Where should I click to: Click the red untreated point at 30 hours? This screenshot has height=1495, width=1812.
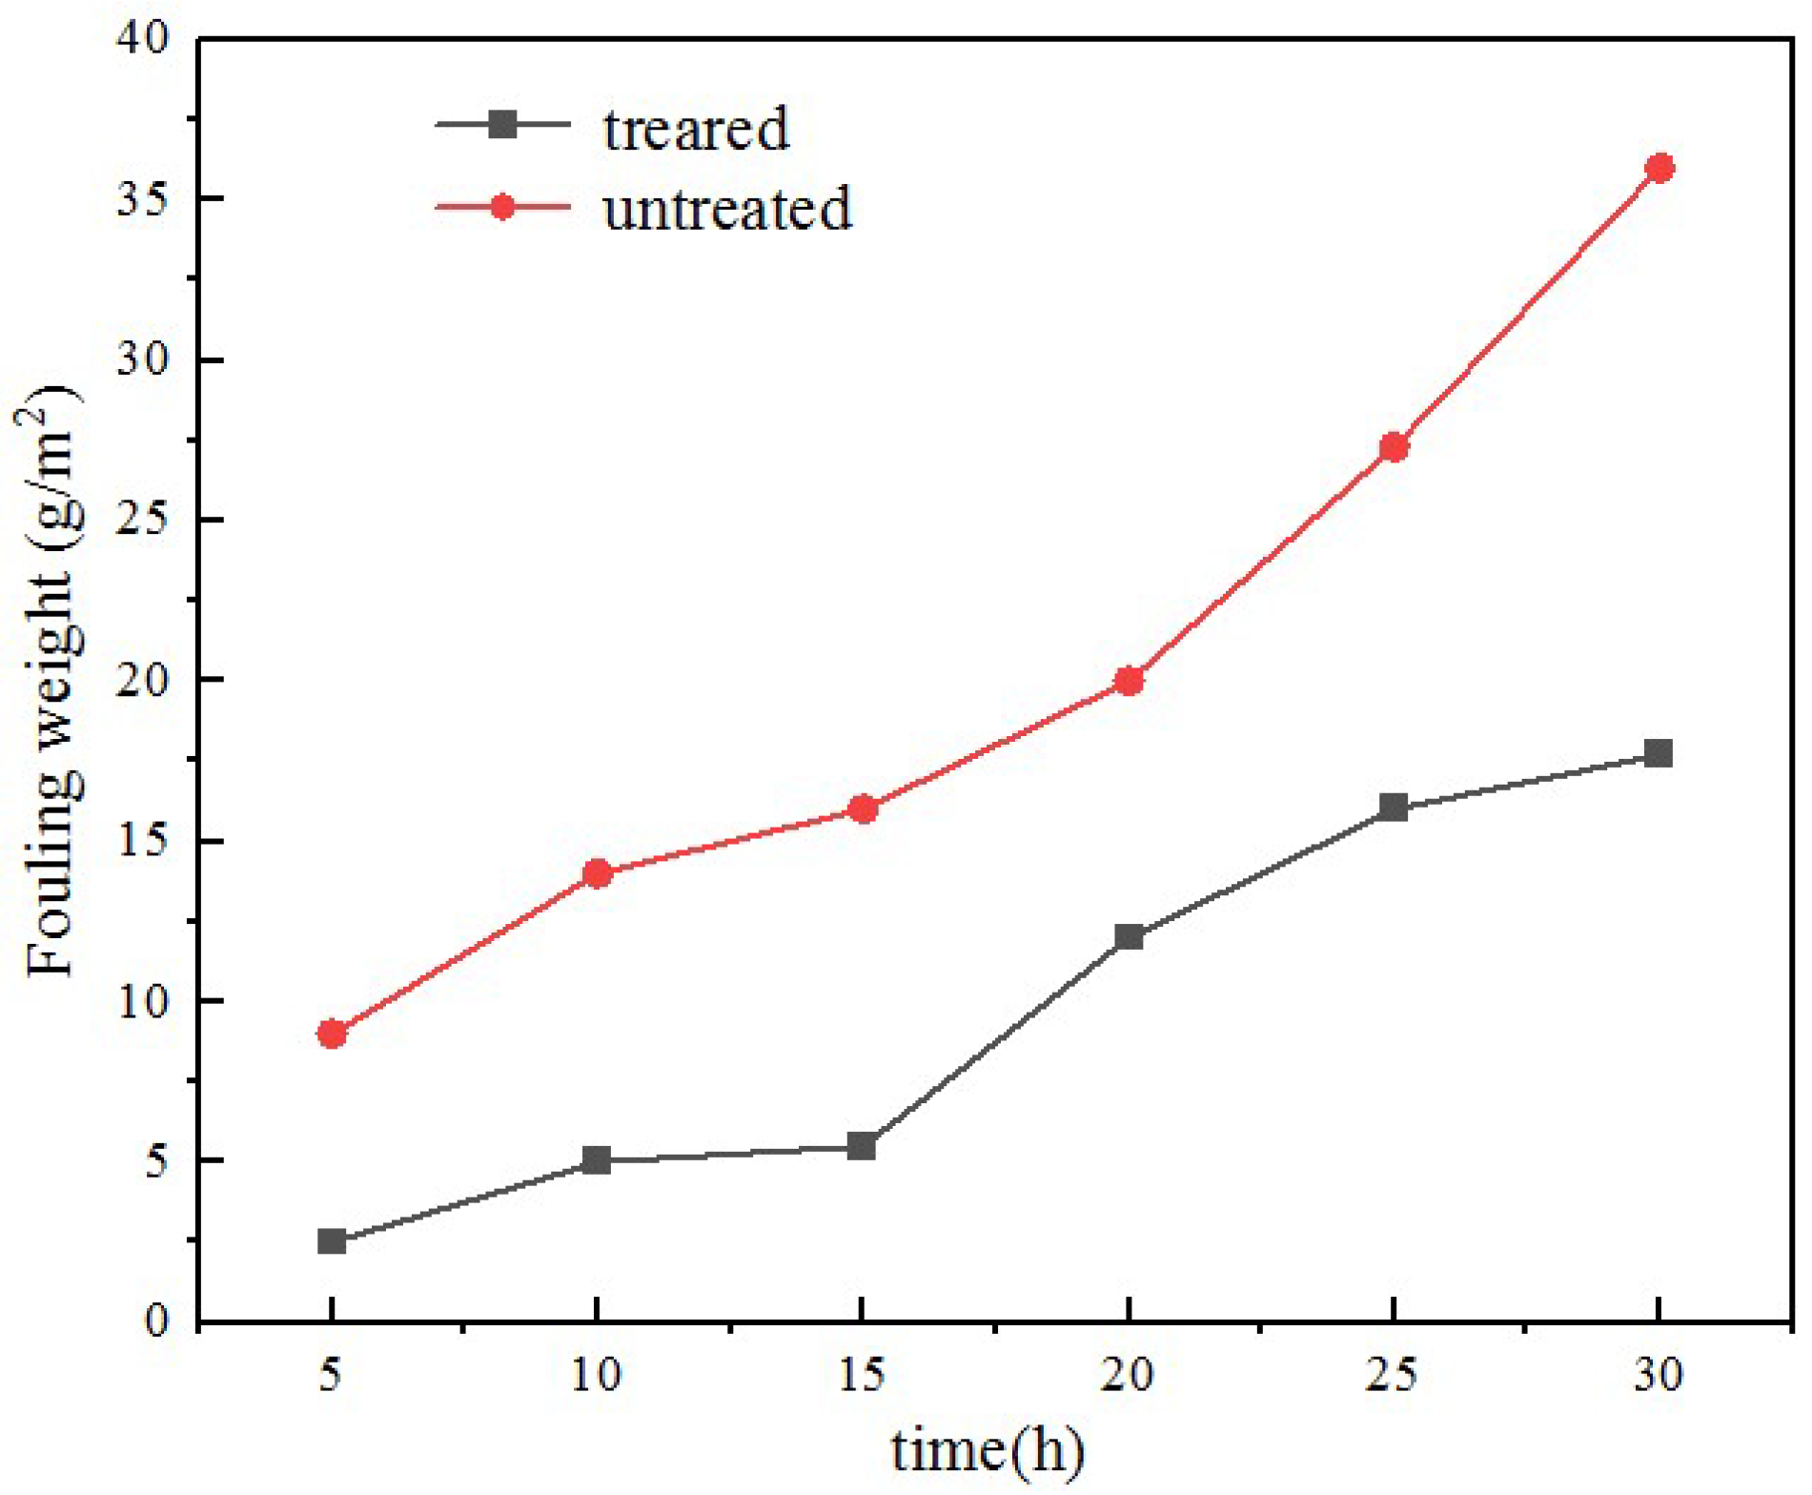coord(1659,169)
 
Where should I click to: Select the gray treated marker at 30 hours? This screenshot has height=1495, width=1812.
coord(1659,753)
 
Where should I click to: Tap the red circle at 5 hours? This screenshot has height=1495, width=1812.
coord(332,1034)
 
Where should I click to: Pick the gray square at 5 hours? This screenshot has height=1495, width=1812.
coord(332,1241)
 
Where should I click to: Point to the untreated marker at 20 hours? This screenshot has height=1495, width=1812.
coord(1129,681)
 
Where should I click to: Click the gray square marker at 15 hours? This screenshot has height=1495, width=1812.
coord(862,1145)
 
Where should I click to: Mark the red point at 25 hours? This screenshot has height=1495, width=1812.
coord(1394,447)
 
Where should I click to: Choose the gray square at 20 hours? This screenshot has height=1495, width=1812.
coord(1129,936)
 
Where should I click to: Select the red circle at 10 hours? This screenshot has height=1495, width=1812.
coord(597,873)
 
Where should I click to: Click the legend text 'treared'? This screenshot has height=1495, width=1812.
coord(696,129)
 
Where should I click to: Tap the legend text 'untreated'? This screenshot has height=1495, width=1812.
coord(726,209)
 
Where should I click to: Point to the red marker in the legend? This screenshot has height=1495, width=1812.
coord(502,207)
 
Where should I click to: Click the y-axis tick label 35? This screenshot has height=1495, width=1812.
coord(142,199)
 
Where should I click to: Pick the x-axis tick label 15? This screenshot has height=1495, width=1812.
coord(862,1376)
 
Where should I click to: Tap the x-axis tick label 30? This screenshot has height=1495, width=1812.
coord(1659,1376)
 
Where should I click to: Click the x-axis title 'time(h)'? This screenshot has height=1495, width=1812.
coord(987,1451)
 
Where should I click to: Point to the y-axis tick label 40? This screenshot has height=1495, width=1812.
coord(142,39)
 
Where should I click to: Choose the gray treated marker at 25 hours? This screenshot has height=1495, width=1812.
coord(1394,808)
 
